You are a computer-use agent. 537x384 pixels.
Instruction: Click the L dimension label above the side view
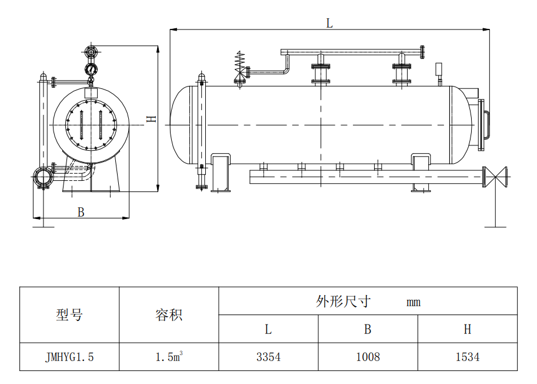click(x=329, y=23)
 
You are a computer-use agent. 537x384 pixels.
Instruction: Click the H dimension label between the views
click(x=152, y=118)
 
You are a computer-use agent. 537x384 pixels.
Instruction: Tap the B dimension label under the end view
click(x=81, y=213)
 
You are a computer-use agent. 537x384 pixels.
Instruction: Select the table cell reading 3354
click(x=268, y=357)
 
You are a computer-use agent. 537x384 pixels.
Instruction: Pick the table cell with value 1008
click(x=368, y=357)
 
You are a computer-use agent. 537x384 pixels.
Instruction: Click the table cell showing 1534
click(x=468, y=357)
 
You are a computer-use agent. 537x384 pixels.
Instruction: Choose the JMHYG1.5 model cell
click(x=69, y=357)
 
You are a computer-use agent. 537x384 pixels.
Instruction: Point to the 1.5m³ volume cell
click(x=169, y=357)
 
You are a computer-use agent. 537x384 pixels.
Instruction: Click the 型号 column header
click(x=69, y=315)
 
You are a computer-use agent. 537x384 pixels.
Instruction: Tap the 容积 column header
click(x=169, y=315)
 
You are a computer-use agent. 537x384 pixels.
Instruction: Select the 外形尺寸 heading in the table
click(x=343, y=302)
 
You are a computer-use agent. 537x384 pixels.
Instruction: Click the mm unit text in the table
click(x=413, y=303)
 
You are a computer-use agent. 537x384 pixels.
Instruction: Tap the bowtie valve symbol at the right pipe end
click(x=501, y=176)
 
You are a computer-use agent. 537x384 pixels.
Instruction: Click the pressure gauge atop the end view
click(x=91, y=70)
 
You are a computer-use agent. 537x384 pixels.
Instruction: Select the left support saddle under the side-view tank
click(x=221, y=172)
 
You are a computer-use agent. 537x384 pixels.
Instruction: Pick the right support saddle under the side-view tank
click(x=421, y=172)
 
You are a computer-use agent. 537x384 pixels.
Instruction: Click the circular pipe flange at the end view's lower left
click(x=41, y=177)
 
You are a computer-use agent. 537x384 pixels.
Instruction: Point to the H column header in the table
click(x=468, y=329)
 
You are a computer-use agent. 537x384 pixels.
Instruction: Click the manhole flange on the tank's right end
click(x=485, y=124)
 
